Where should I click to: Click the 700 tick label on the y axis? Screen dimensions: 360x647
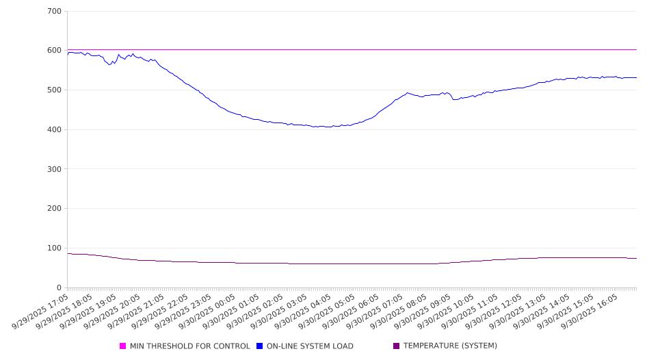tap(55, 12)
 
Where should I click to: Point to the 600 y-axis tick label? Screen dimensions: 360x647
tap(55, 51)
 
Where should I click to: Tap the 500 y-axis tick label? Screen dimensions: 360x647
tap(55, 90)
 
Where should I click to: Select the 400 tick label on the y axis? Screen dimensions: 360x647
tap(55, 130)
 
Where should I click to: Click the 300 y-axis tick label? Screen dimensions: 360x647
tap(55, 169)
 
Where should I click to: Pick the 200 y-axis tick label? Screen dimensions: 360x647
tap(55, 209)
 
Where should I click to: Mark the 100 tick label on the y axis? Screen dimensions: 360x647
tap(55, 248)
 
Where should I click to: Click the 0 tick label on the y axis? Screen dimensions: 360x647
tap(59, 288)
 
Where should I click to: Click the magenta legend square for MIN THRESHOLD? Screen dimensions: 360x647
tap(123, 346)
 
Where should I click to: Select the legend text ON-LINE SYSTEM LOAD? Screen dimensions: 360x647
tap(310, 346)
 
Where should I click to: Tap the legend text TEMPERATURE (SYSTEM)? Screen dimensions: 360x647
tap(450, 346)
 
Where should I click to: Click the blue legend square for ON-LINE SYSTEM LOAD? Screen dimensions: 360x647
tap(260, 346)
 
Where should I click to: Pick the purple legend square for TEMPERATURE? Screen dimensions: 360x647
tap(397, 346)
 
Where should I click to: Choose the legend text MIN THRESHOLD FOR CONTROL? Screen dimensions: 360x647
tap(189, 346)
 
